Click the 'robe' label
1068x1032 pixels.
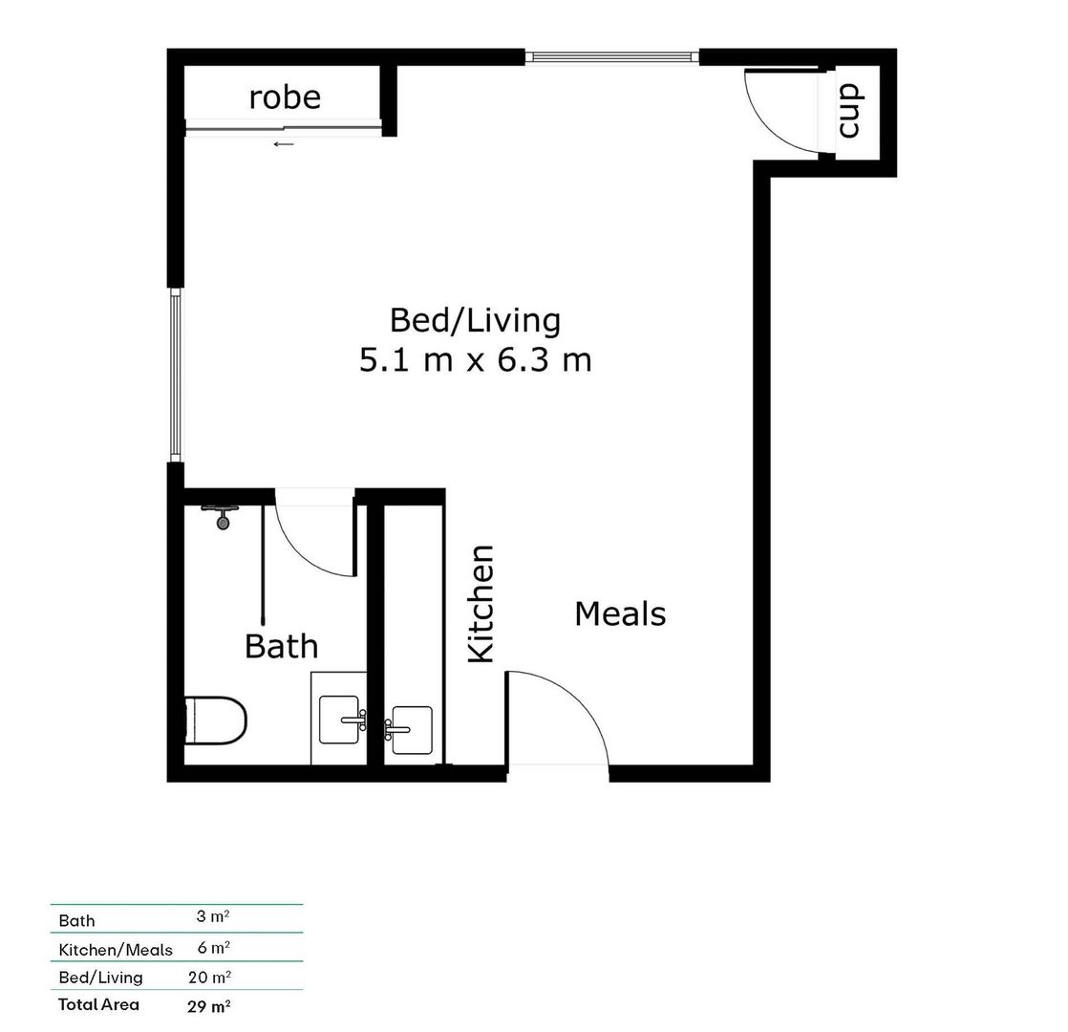coord(285,97)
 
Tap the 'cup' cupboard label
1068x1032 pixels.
coord(849,110)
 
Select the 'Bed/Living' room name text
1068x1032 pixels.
coord(475,320)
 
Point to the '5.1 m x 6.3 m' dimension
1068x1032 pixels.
coord(475,360)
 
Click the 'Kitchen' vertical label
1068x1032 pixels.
coord(481,603)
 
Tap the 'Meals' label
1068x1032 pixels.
coord(620,613)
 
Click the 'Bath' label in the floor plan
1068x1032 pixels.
coord(281,646)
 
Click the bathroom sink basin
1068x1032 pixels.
coord(341,720)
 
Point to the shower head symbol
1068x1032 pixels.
coord(223,517)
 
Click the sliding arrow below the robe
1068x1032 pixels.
coord(284,144)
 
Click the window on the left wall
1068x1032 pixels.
coord(176,375)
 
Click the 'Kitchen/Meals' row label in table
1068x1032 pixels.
coord(116,950)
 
